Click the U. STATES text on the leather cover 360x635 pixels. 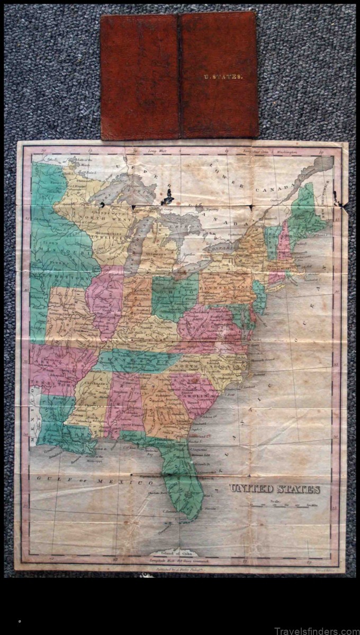coord(223,76)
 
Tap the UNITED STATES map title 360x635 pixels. coord(274,489)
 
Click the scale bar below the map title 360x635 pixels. coord(289,505)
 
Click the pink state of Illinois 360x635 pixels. coord(105,302)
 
